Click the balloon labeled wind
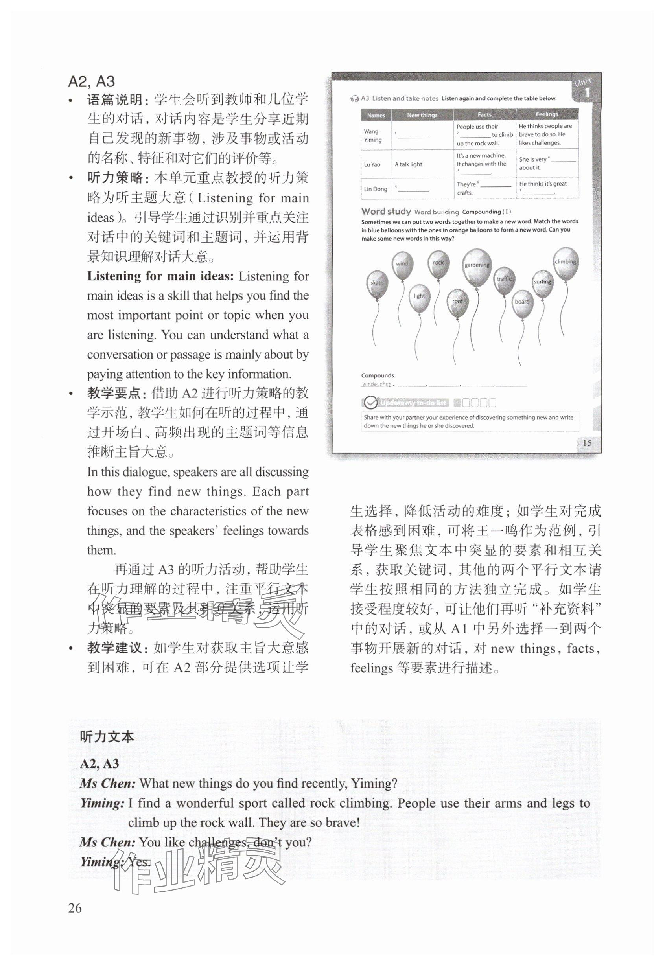pyautogui.click(x=402, y=265)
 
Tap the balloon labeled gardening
pyautogui.click(x=477, y=265)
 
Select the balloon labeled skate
pyautogui.click(x=377, y=283)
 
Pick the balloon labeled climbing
pyautogui.click(x=566, y=262)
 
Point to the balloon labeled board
pyautogui.click(x=522, y=302)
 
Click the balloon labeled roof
pyautogui.click(x=457, y=302)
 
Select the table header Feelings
pyautogui.click(x=547, y=114)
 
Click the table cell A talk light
pyautogui.click(x=408, y=165)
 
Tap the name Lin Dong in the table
pyautogui.click(x=376, y=189)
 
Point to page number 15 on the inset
pyautogui.click(x=587, y=443)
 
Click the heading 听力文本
pyautogui.click(x=107, y=737)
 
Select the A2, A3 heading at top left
pyautogui.click(x=91, y=81)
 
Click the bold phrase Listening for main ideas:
pyautogui.click(x=160, y=276)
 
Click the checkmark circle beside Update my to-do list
pyautogui.click(x=370, y=403)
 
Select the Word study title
pyautogui.click(x=386, y=211)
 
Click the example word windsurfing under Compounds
pyautogui.click(x=377, y=384)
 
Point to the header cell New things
pyautogui.click(x=422, y=115)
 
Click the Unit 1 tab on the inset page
pyautogui.click(x=586, y=88)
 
